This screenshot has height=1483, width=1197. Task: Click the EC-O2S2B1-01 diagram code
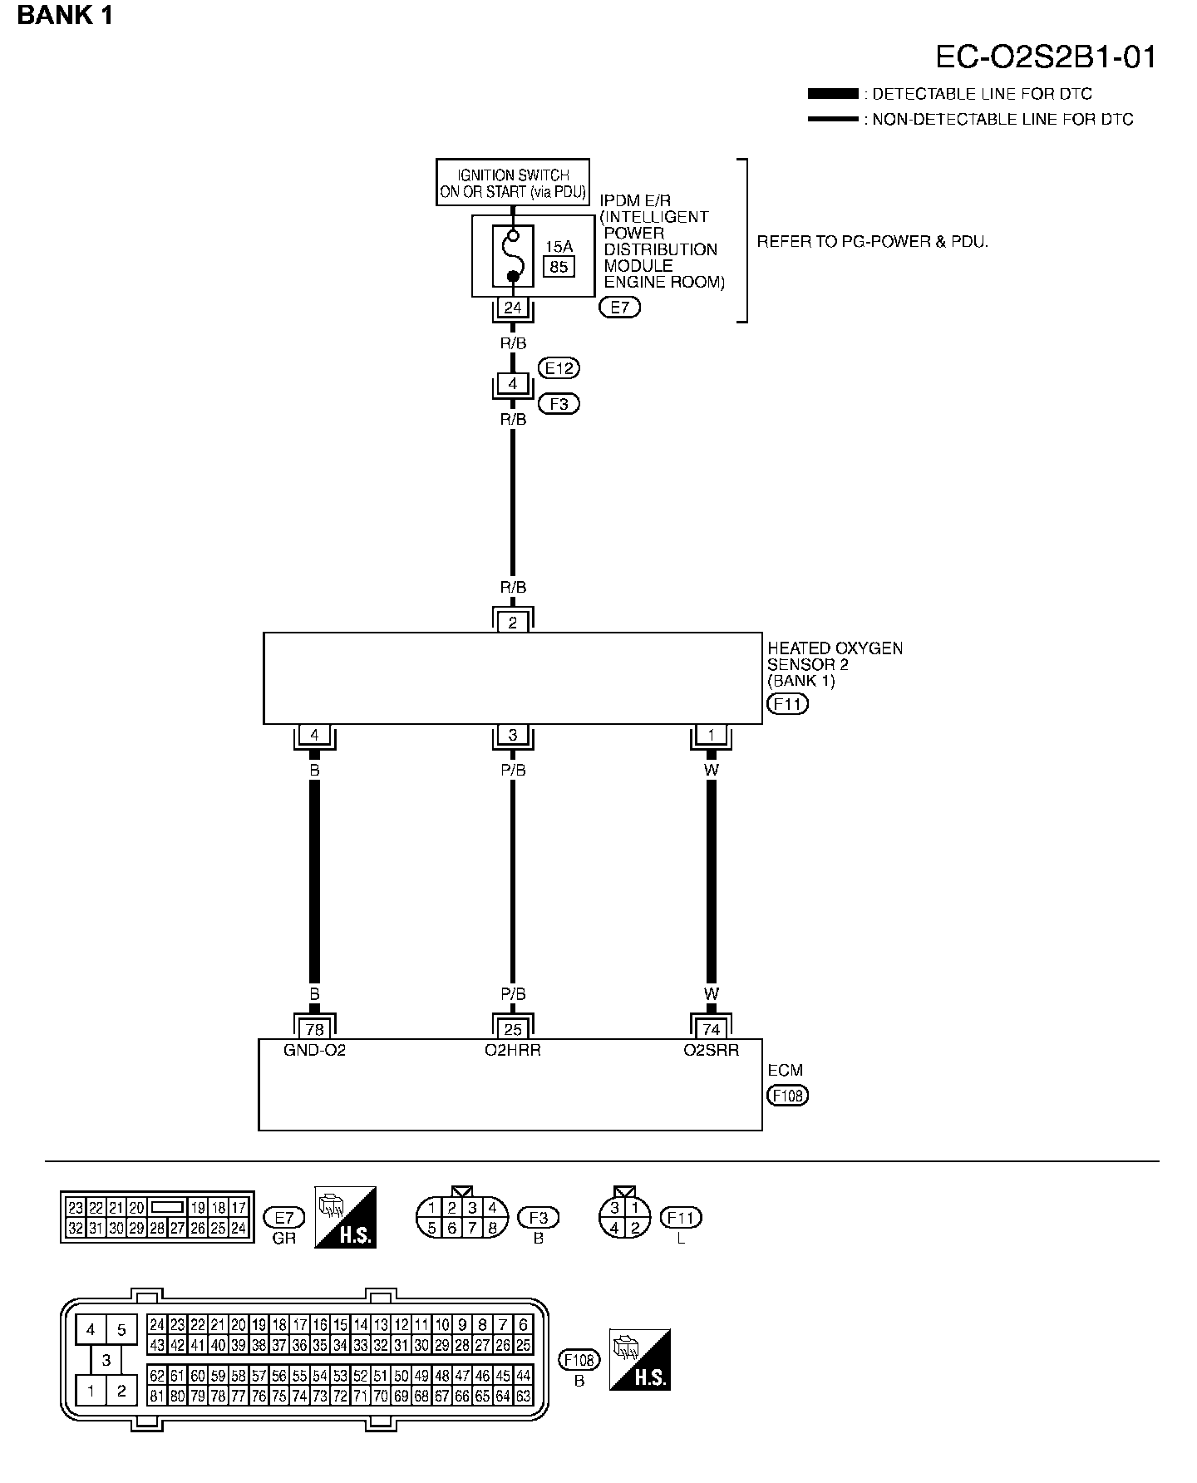click(x=1046, y=57)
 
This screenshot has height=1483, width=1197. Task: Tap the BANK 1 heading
click(x=65, y=15)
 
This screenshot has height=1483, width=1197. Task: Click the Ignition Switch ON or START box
click(x=513, y=183)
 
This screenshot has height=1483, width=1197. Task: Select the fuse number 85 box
click(x=559, y=267)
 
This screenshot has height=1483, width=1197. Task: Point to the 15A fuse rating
click(x=559, y=246)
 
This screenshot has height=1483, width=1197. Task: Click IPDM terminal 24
click(x=513, y=308)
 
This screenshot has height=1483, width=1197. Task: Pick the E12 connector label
click(x=559, y=367)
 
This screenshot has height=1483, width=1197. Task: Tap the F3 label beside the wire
click(x=559, y=404)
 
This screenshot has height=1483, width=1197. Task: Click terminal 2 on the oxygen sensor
click(x=513, y=623)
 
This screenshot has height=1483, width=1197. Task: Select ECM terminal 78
click(x=314, y=1030)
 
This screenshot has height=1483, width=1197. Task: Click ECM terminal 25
click(x=513, y=1030)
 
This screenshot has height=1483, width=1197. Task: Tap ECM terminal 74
click(x=712, y=1030)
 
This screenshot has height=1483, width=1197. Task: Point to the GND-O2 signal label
click(x=314, y=1050)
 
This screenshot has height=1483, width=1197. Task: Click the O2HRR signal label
click(x=513, y=1050)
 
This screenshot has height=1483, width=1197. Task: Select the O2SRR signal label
click(x=712, y=1050)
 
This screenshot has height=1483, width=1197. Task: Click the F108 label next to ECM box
click(x=787, y=1096)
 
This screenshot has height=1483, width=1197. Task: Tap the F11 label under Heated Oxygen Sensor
click(x=786, y=704)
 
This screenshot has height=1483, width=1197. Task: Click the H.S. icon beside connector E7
click(x=346, y=1217)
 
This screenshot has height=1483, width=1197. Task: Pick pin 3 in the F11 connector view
click(x=615, y=1208)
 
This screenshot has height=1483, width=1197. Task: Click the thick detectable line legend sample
click(x=832, y=94)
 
